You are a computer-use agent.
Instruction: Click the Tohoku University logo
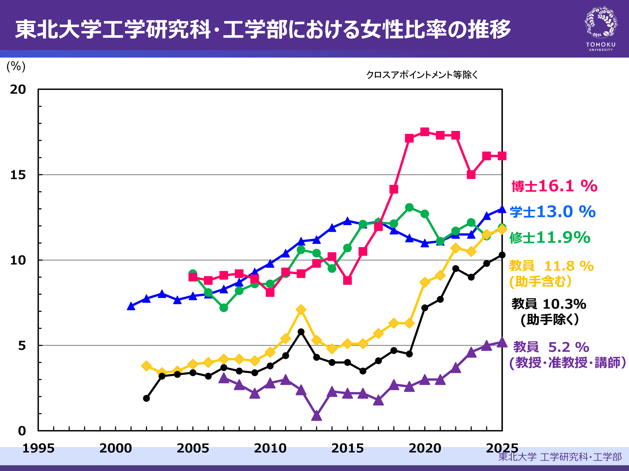pos(601,28)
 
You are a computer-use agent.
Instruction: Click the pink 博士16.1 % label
pos(554,186)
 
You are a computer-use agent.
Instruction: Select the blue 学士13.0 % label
pos(553,212)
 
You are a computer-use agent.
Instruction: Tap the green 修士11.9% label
pos(550,237)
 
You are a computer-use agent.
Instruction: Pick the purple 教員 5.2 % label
pos(551,347)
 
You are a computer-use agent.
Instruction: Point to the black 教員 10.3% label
pos(549,304)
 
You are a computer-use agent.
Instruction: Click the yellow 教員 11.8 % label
pos(551,266)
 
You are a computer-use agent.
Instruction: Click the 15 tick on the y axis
pos(18,175)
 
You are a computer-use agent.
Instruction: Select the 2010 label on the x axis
pos(270,448)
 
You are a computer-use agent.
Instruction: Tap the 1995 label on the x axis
pos(38,448)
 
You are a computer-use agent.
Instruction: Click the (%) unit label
pos(16,66)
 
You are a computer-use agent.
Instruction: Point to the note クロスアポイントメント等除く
pos(422,75)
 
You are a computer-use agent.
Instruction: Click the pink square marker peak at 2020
pos(425,132)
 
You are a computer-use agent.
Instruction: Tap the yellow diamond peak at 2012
pos(301,310)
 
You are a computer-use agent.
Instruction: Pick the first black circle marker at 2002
pos(146,398)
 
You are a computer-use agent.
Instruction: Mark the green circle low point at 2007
pos(224,308)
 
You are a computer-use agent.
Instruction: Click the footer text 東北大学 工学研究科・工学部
pos(560,457)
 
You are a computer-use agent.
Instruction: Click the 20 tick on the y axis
pos(18,89)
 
